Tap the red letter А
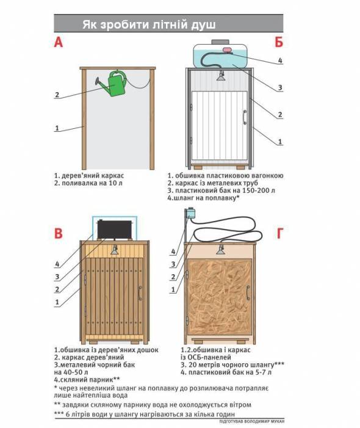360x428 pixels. (59, 43)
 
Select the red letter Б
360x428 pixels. (279, 42)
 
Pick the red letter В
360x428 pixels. (59, 234)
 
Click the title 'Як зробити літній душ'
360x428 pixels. (149, 24)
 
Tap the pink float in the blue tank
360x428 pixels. (226, 50)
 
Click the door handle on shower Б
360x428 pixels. (245, 117)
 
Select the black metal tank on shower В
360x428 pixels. (115, 230)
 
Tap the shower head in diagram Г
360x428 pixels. (220, 250)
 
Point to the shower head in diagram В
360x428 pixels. (115, 250)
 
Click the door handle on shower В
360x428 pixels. (140, 294)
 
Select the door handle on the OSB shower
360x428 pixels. (248, 293)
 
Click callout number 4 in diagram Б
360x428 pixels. (280, 60)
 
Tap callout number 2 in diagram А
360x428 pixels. (57, 95)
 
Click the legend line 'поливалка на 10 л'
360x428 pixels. (88, 183)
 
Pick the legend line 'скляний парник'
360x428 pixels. (87, 380)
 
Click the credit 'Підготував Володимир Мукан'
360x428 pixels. (252, 422)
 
